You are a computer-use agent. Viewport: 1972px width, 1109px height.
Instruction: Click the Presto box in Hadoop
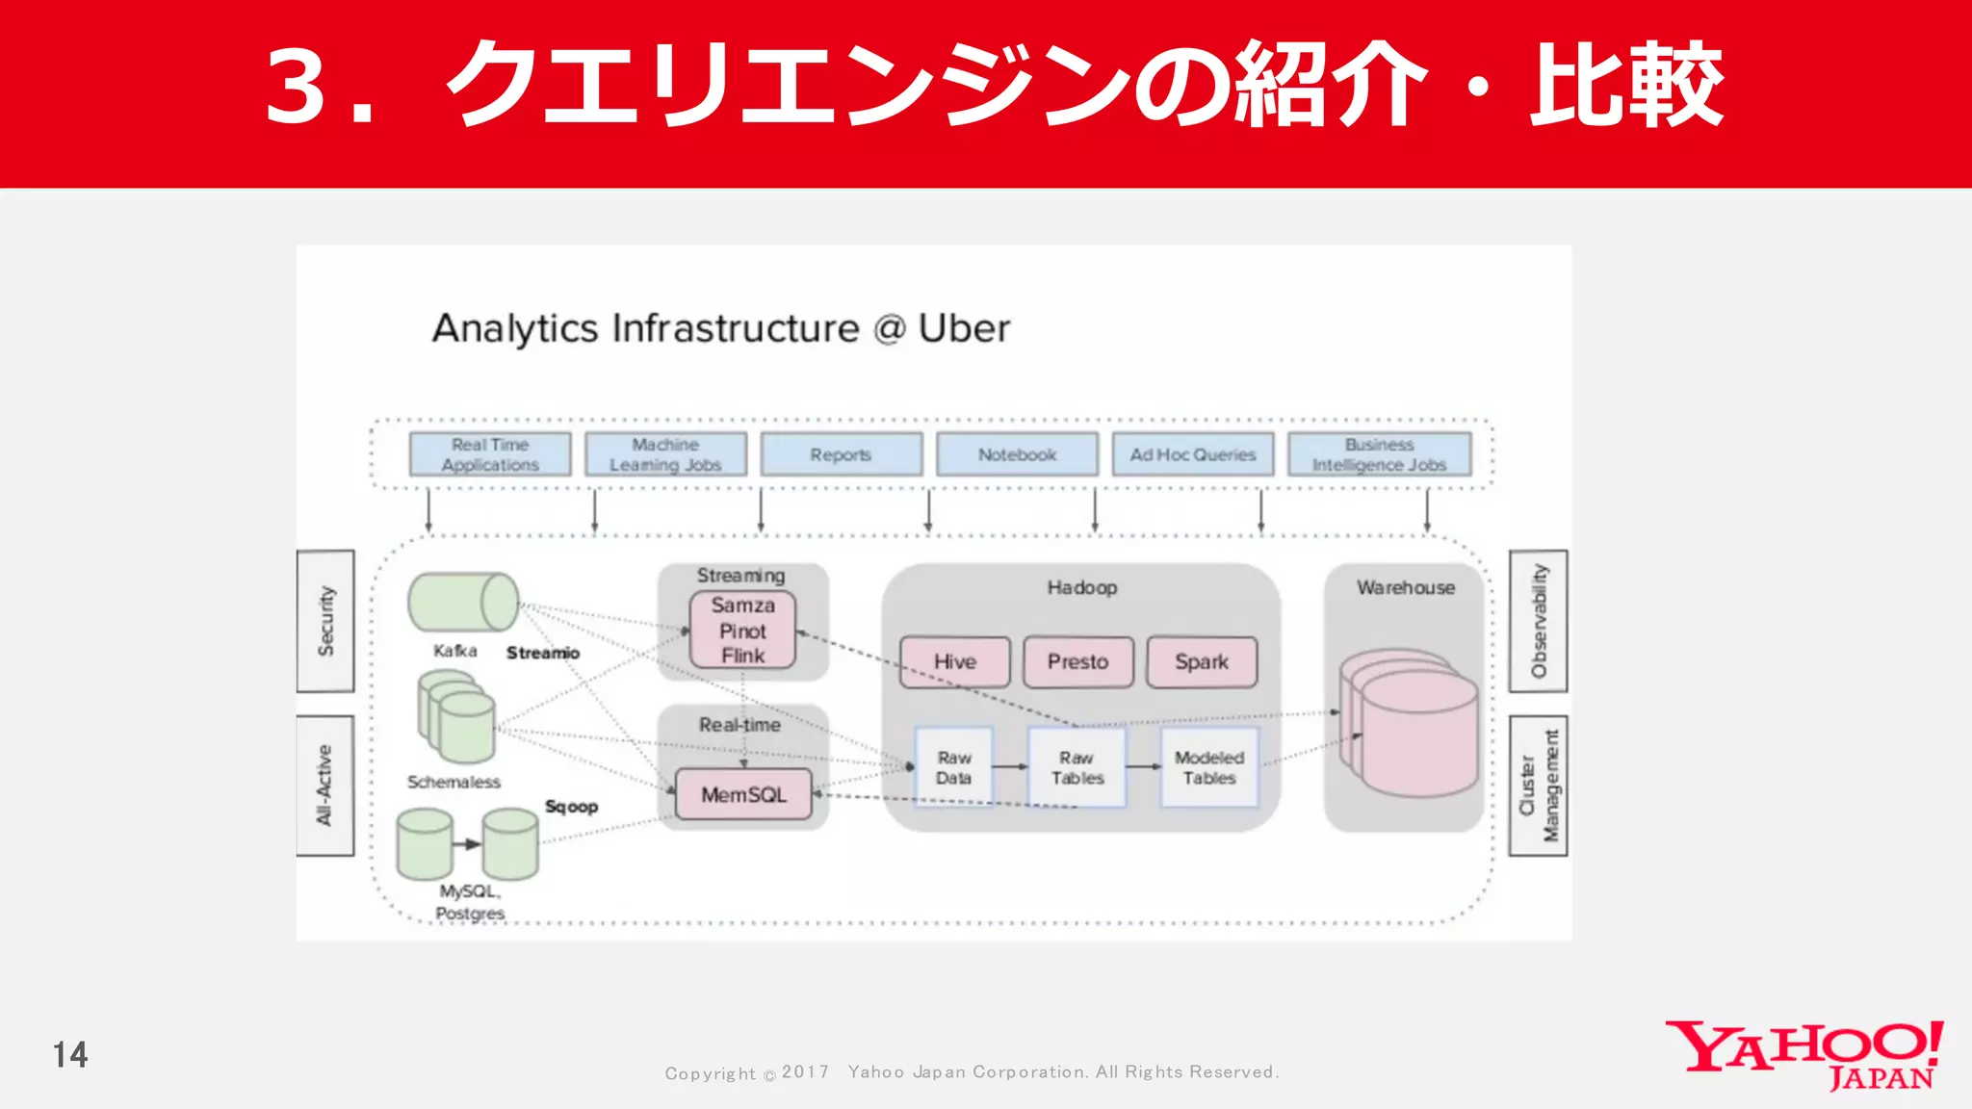click(x=1077, y=662)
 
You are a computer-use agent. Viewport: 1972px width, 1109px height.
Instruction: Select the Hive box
click(x=954, y=662)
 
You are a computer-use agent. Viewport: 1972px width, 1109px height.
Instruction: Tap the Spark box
click(x=1201, y=662)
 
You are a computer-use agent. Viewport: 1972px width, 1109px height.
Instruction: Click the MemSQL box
click(x=743, y=795)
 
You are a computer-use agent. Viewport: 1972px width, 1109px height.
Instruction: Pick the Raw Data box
click(x=953, y=768)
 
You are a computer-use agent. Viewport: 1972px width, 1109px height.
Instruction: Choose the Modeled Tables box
click(x=1208, y=768)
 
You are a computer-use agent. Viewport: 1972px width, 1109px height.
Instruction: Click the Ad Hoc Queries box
click(x=1192, y=454)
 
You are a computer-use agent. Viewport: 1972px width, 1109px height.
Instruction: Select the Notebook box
click(x=1017, y=454)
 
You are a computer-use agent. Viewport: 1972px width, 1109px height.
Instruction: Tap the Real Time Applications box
click(x=489, y=454)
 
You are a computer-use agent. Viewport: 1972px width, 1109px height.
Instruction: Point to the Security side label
click(x=325, y=621)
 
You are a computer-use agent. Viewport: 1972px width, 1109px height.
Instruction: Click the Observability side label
click(x=1538, y=621)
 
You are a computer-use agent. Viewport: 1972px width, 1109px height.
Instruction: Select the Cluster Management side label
click(x=1538, y=786)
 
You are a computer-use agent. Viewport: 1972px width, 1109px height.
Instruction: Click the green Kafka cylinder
click(x=463, y=603)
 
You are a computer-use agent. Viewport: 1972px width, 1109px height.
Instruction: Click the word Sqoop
click(x=571, y=807)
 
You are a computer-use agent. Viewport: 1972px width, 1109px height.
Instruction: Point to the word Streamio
click(x=543, y=653)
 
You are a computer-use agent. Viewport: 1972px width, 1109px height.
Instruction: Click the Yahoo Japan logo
click(x=1803, y=1054)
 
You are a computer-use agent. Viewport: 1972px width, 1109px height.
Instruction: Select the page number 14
click(x=70, y=1055)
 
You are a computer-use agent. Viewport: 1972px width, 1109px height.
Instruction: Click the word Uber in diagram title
click(x=964, y=328)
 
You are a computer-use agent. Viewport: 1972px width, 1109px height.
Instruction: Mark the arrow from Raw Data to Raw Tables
click(x=1010, y=767)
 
